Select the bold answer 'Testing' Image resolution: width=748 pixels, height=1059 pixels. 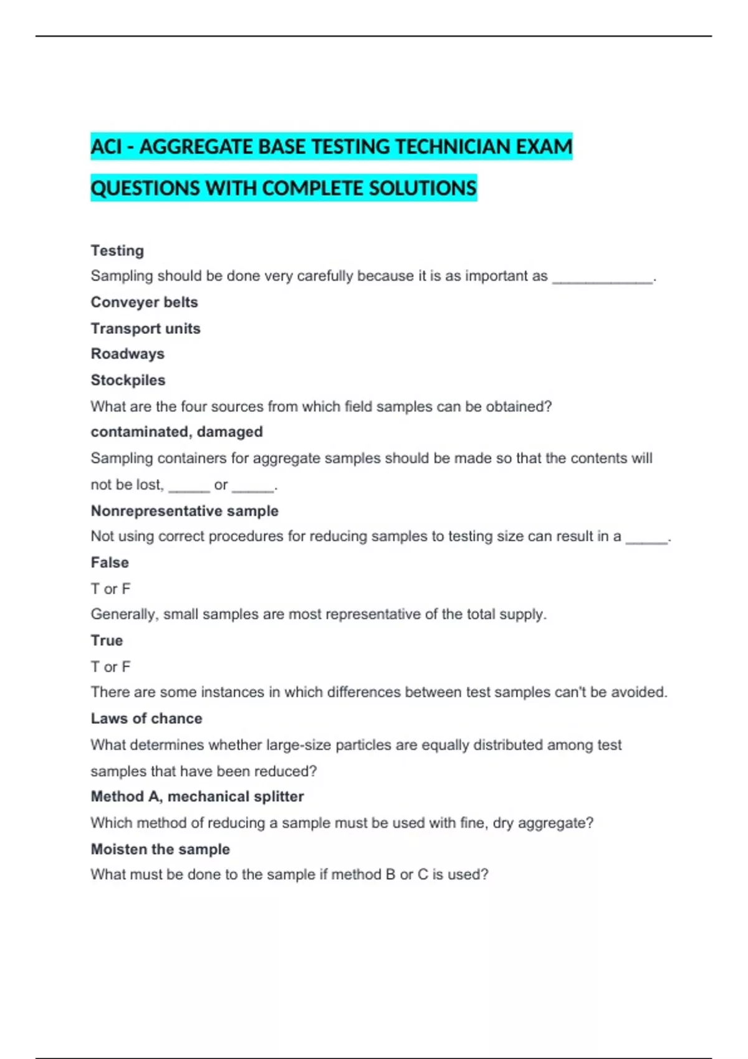(117, 250)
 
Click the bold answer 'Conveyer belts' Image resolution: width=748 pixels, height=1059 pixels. (144, 302)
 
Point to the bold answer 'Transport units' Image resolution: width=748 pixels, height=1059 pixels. (145, 328)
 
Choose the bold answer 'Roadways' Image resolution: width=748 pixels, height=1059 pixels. (127, 354)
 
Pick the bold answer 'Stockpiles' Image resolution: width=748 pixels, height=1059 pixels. (128, 380)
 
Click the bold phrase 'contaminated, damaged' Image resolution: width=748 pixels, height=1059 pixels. (176, 432)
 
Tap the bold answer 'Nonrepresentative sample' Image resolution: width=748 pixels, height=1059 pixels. (185, 511)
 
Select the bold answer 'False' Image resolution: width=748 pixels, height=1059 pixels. (110, 563)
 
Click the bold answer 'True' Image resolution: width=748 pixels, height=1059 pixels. (107, 640)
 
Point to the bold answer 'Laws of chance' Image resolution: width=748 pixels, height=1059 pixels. (146, 718)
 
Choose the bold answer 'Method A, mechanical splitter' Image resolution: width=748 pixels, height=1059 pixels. (197, 796)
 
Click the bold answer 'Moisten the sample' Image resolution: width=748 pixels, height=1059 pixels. (160, 849)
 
